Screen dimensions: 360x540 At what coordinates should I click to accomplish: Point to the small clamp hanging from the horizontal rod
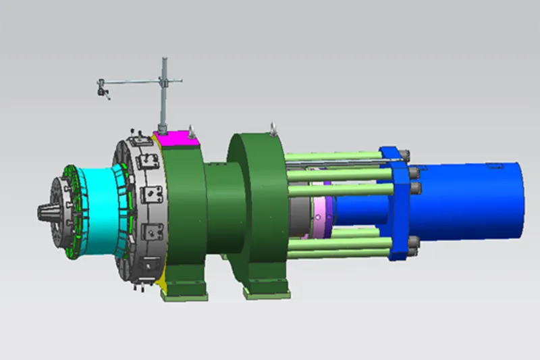pos(103,88)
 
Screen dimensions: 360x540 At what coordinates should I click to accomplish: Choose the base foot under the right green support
pos(267,289)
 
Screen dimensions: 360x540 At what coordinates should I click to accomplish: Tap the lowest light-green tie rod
pos(337,251)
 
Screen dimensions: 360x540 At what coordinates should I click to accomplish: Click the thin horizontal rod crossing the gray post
pos(135,82)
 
